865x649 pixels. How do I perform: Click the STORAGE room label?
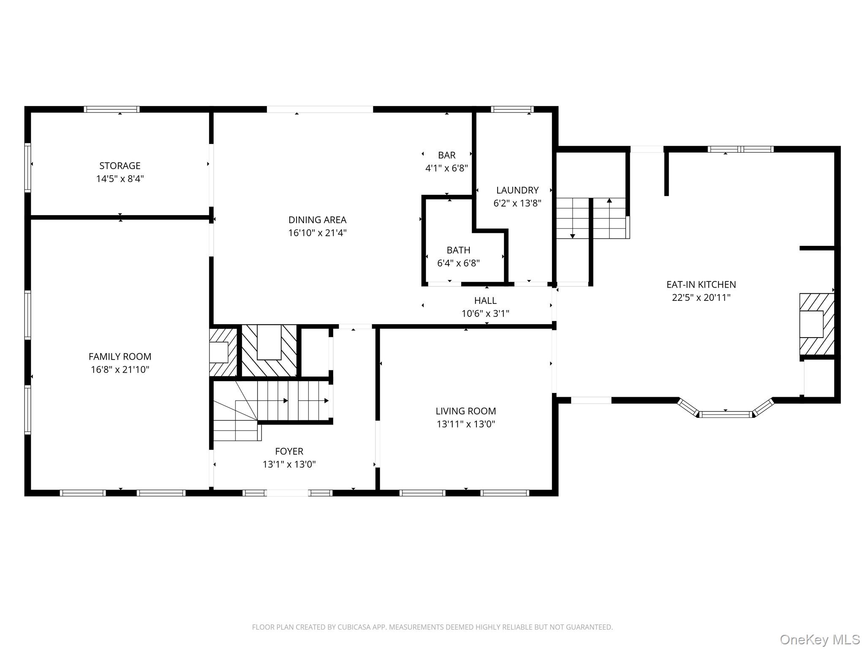[x=120, y=166]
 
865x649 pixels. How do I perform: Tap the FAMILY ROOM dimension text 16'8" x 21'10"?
[x=120, y=370]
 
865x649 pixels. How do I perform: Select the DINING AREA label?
[x=317, y=220]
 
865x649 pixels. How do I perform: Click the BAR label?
[x=447, y=155]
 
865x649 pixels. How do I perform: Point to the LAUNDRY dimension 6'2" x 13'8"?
[x=517, y=203]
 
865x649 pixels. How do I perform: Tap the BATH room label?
[x=458, y=250]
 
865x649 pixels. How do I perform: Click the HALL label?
[x=485, y=300]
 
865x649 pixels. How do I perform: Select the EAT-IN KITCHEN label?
[x=701, y=284]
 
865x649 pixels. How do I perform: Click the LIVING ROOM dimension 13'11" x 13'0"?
[x=466, y=424]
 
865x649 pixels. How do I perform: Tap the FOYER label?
[x=289, y=451]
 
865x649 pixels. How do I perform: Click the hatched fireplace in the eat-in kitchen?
[x=816, y=324]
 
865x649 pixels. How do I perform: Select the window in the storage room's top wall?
[x=112, y=109]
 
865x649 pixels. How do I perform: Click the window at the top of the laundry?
[x=512, y=109]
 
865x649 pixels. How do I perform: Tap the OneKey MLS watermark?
[x=820, y=639]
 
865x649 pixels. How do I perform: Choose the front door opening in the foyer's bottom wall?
[x=288, y=493]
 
